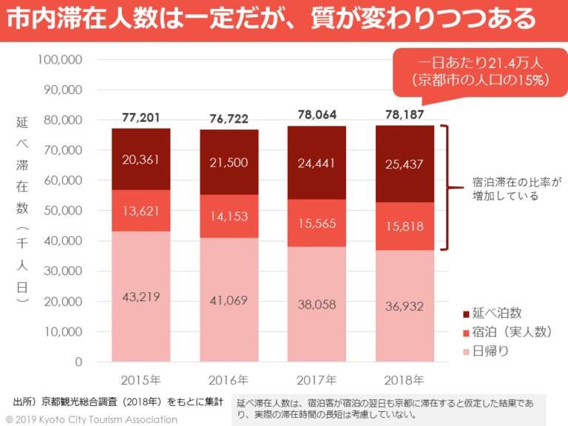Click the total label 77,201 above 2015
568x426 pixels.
pyautogui.click(x=141, y=117)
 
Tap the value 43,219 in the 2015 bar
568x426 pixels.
pyautogui.click(x=141, y=297)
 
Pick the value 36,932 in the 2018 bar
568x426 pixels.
pyautogui.click(x=404, y=305)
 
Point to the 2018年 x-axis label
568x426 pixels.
pyautogui.click(x=404, y=381)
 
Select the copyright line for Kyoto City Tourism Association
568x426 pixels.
pyautogui.click(x=92, y=419)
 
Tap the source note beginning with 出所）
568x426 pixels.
pyautogui.click(x=118, y=402)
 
